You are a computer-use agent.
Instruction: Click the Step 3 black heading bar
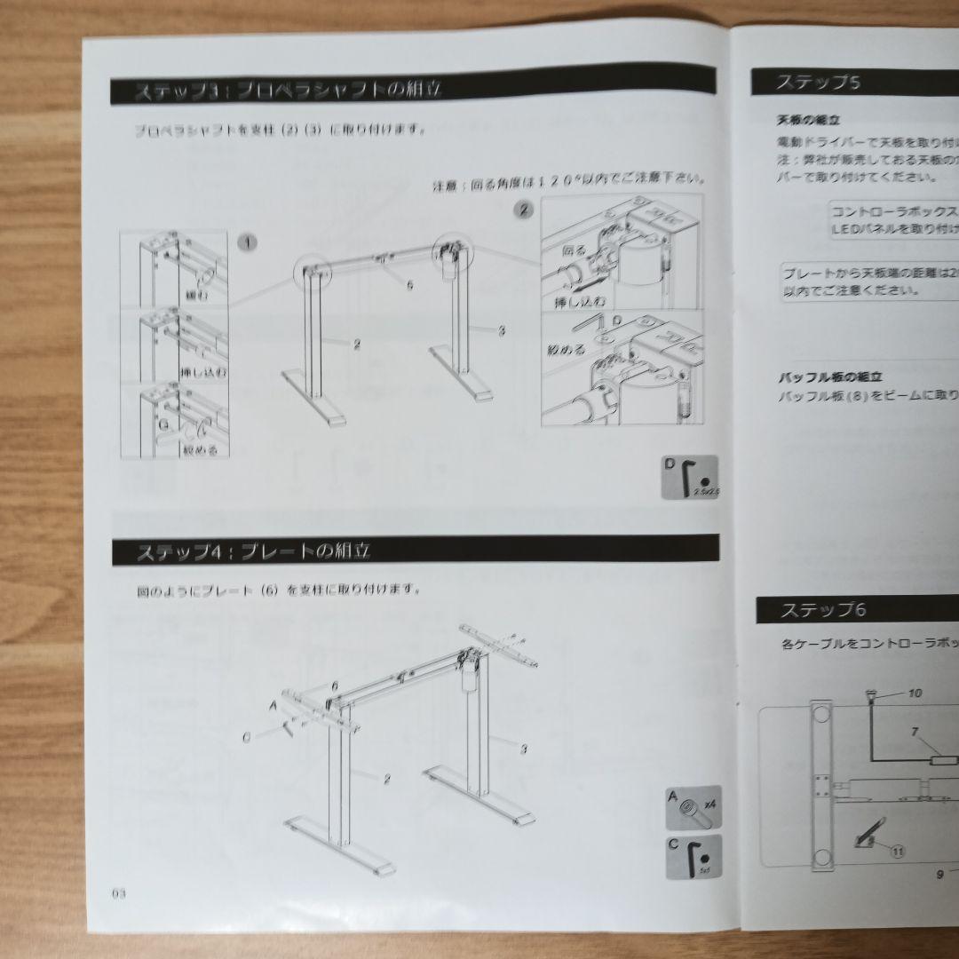point(413,90)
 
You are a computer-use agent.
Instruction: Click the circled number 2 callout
point(524,210)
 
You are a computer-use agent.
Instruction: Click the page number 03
point(120,893)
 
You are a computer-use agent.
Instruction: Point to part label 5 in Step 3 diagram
point(410,286)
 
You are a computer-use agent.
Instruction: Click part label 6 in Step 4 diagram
point(335,686)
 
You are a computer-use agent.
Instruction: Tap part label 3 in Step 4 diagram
point(523,749)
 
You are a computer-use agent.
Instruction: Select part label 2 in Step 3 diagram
point(356,345)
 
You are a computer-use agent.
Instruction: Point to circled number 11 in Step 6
point(897,850)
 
